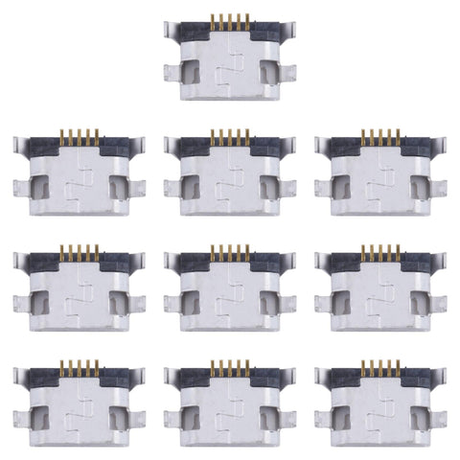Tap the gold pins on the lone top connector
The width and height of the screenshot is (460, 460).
point(229,21)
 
